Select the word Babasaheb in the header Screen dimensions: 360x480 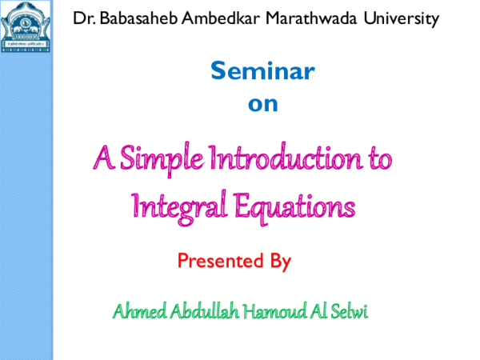[x=136, y=17]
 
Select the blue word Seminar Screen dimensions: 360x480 [x=262, y=72]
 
